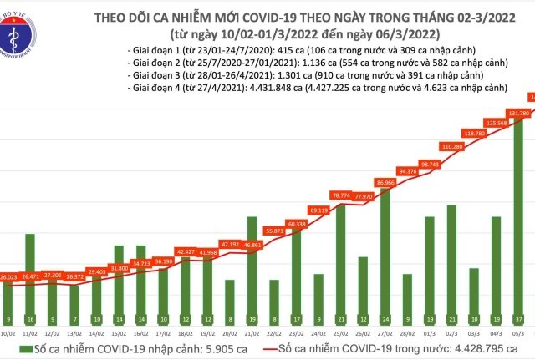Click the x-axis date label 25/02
click(340, 332)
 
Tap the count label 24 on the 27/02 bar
click(385, 320)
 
